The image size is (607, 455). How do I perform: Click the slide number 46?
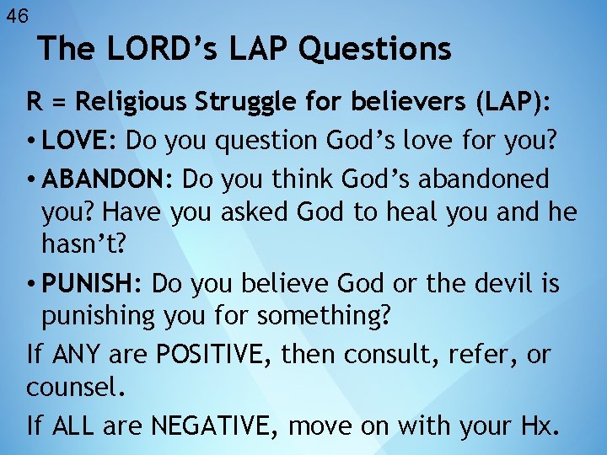tap(17, 14)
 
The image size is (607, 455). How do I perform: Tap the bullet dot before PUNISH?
tap(30, 284)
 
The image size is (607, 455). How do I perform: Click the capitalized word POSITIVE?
tap(210, 355)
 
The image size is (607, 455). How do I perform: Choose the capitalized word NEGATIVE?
tap(215, 426)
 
